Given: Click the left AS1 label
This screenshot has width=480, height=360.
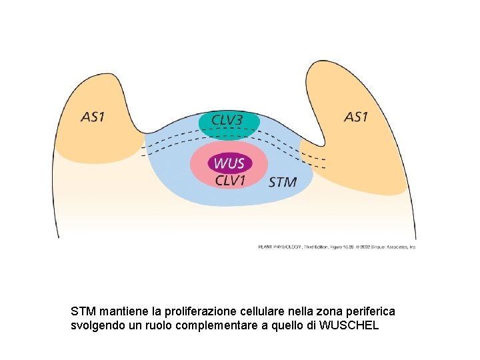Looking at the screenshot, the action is [x=93, y=117].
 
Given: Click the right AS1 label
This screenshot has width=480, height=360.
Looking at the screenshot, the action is [x=355, y=117].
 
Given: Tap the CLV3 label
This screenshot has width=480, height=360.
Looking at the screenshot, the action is [x=227, y=120].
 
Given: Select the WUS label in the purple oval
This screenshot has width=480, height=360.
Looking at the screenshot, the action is [x=229, y=163].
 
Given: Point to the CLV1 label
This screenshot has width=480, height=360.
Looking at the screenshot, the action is [x=231, y=179].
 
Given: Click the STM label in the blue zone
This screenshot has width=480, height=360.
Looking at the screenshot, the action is [x=282, y=182].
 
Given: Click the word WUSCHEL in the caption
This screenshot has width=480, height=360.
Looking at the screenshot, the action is [x=349, y=325].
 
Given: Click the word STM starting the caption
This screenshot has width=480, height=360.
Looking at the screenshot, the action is [x=83, y=311].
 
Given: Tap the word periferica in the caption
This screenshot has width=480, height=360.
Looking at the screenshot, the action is [x=368, y=311].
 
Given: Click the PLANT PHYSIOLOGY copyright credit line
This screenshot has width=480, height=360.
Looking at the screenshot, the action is [x=337, y=246].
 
